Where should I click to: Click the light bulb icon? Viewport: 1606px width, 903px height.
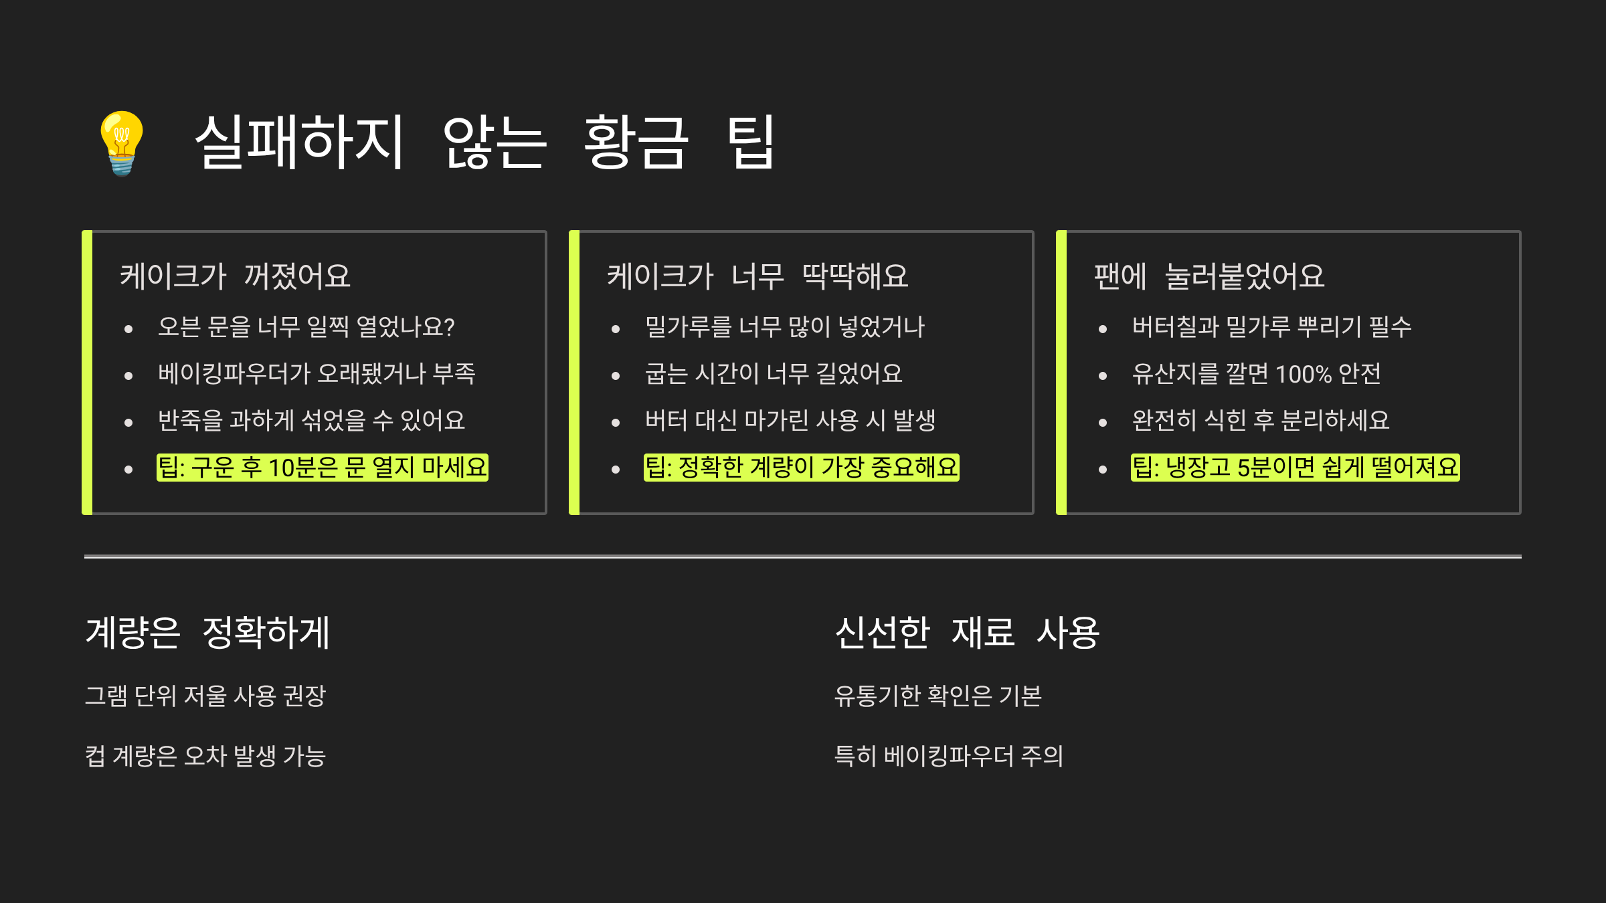tap(122, 142)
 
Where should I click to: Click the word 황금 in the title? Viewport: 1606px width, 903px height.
tap(635, 142)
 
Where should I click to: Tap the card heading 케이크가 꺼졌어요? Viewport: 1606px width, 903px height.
tap(235, 276)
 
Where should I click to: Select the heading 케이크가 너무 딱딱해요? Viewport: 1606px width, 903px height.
tap(757, 276)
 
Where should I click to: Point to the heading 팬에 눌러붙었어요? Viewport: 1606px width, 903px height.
tap(1209, 276)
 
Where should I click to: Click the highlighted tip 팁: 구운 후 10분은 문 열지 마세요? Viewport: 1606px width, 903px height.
tap(322, 468)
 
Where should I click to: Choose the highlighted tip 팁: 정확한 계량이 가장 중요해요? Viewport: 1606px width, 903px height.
tap(801, 468)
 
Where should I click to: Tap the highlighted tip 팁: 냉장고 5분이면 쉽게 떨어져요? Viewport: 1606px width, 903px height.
tap(1295, 468)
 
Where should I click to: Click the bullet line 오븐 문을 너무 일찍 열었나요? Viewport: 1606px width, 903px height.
tap(305, 327)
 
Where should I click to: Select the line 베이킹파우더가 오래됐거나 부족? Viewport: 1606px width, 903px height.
tap(317, 374)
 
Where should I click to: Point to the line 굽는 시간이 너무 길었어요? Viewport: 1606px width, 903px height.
tap(773, 374)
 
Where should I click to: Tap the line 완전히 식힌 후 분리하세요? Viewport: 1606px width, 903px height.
tap(1260, 421)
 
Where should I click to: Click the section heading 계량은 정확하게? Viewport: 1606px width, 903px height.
tap(207, 633)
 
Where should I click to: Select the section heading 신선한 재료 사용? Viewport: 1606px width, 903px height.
tap(967, 633)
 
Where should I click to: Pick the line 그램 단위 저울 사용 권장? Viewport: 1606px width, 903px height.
tap(205, 696)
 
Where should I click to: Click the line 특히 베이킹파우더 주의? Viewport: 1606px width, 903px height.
tap(948, 757)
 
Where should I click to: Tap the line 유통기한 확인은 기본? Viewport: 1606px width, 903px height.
tap(938, 696)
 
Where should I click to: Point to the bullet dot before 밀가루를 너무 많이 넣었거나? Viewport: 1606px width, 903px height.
tap(616, 329)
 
